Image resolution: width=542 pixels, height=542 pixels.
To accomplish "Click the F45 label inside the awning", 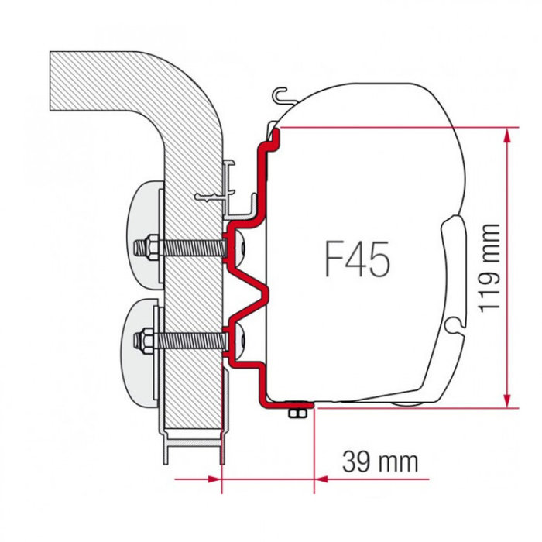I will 357,259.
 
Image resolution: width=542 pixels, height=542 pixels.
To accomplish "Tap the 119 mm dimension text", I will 488,268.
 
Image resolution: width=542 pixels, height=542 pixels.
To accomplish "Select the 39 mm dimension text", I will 380,461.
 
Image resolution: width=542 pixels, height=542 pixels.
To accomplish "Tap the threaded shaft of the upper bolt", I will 190,249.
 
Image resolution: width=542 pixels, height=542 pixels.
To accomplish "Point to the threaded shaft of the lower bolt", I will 190,338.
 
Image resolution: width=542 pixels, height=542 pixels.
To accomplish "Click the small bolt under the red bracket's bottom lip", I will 294,413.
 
